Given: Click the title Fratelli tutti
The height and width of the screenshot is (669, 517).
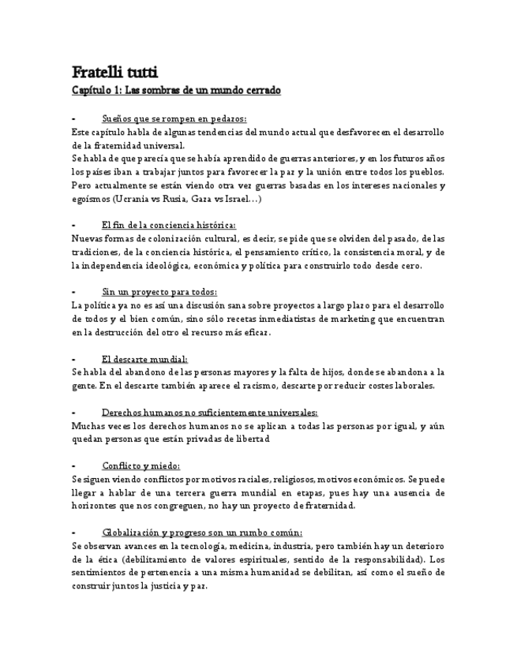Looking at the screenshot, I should [x=115, y=72].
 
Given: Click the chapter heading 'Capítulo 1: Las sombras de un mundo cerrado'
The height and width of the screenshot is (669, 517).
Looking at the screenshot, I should [x=176, y=91].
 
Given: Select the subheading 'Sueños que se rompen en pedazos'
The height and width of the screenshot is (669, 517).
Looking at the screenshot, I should [x=174, y=118].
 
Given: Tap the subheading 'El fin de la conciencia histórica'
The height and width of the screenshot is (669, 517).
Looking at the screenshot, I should [x=169, y=226].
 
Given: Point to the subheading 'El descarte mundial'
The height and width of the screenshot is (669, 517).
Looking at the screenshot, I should [x=144, y=359].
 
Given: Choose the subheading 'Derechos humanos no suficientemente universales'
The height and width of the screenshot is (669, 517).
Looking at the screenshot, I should [x=210, y=413].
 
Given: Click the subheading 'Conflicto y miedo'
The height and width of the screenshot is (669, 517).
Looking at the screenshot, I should [x=141, y=466].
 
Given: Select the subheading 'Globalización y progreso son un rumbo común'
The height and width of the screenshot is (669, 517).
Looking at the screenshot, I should [x=202, y=533].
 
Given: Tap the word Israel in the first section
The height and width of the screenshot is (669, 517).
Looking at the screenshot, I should [x=238, y=199].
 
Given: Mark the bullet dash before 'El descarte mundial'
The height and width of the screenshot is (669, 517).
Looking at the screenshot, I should [x=73, y=359].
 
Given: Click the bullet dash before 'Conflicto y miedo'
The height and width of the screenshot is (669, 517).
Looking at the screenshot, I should [x=73, y=466].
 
